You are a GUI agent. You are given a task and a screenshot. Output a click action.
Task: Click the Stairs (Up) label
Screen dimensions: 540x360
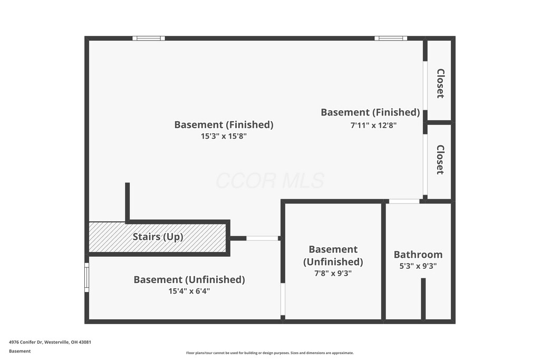click(158, 237)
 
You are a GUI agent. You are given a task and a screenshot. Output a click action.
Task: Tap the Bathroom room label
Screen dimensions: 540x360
click(418, 255)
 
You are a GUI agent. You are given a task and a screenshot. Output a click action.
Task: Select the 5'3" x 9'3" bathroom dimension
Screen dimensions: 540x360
click(418, 266)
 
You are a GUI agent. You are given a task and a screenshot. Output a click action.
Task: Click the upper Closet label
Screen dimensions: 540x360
click(440, 84)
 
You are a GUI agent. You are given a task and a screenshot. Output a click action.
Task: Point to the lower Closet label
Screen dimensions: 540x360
click(440, 160)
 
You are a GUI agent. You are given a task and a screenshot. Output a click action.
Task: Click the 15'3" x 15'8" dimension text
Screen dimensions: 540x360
click(224, 136)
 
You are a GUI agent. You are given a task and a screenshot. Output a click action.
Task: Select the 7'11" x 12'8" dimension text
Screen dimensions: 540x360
click(373, 125)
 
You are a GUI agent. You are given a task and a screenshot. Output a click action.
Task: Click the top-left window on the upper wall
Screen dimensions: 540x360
click(149, 38)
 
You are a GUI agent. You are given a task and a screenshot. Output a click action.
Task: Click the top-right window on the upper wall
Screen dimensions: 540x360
click(391, 38)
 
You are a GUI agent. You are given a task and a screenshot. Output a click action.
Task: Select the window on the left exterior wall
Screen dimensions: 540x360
click(87, 277)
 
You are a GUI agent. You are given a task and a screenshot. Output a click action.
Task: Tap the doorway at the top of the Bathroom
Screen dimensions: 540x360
click(404, 201)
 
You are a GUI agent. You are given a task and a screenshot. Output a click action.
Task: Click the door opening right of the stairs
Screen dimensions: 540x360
click(262, 238)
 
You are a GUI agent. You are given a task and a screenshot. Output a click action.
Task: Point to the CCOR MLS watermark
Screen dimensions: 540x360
click(269, 181)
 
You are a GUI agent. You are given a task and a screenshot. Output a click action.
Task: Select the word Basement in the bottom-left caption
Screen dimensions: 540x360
click(20, 351)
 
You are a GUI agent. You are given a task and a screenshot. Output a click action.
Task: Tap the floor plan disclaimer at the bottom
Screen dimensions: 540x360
click(269, 353)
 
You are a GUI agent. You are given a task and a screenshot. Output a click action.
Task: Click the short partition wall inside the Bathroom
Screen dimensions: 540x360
click(423, 299)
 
